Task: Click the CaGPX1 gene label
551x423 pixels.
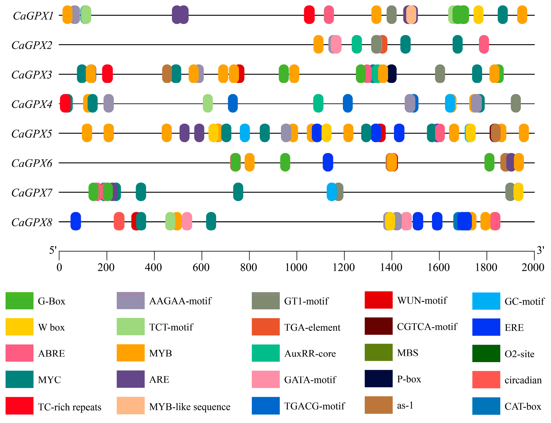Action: tap(33, 16)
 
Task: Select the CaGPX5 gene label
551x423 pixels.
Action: tap(31, 134)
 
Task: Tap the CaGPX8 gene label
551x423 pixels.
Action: tap(31, 222)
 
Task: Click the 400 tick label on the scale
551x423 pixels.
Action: tap(153, 267)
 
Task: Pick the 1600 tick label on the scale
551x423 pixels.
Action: tap(439, 267)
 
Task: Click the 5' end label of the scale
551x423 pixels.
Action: tap(53, 250)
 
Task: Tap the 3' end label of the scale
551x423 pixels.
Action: tap(540, 250)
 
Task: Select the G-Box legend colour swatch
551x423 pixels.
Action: tap(19, 301)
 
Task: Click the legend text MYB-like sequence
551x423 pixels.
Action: tap(189, 407)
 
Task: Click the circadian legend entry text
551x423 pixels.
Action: tap(523, 380)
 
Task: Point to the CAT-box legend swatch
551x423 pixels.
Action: tap(486, 406)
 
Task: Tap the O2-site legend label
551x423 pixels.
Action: tap(519, 354)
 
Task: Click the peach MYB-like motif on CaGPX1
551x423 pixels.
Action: tap(411, 15)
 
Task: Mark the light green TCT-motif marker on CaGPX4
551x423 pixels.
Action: tap(208, 103)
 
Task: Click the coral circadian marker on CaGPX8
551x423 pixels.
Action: tap(119, 221)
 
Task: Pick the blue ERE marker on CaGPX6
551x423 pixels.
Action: tap(328, 162)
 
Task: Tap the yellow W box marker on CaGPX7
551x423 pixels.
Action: tap(519, 192)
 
